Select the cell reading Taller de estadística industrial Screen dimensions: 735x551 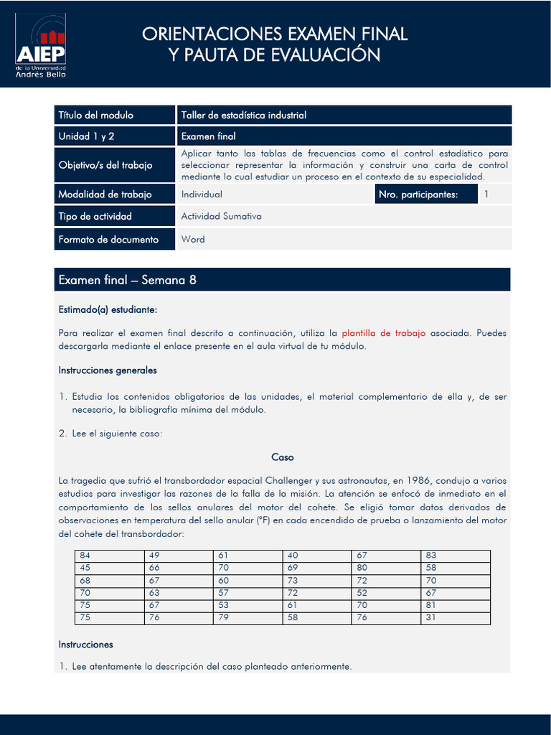243,115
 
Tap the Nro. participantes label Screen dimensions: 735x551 419,195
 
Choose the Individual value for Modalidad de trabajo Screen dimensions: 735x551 202,195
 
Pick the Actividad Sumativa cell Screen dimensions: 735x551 221,216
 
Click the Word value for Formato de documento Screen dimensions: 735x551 193,239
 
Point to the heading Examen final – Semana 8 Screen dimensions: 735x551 127,280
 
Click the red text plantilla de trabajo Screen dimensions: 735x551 383,333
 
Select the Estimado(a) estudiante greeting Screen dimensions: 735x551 107,309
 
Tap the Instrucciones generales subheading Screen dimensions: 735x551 107,370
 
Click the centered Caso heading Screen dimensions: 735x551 282,457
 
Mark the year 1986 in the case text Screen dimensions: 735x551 418,479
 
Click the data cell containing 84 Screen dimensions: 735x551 85,556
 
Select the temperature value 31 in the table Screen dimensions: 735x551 430,617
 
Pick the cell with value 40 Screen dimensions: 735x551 293,556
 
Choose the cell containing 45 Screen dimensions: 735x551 85,568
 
